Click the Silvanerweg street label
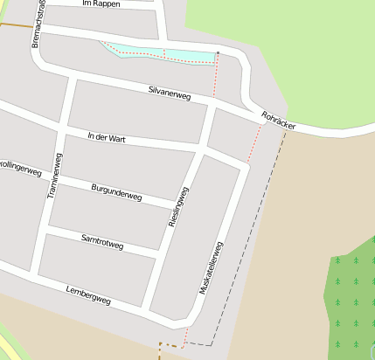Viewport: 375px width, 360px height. point(170,92)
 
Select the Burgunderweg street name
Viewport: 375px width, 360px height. point(116,192)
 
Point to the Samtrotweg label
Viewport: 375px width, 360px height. point(101,241)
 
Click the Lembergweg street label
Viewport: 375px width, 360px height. point(88,295)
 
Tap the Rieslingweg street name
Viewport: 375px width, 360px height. point(177,207)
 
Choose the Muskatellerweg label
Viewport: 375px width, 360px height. point(212,267)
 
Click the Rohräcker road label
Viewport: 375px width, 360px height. point(278,121)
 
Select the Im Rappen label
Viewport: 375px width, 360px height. point(100,4)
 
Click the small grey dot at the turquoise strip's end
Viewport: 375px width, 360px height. point(217,54)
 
